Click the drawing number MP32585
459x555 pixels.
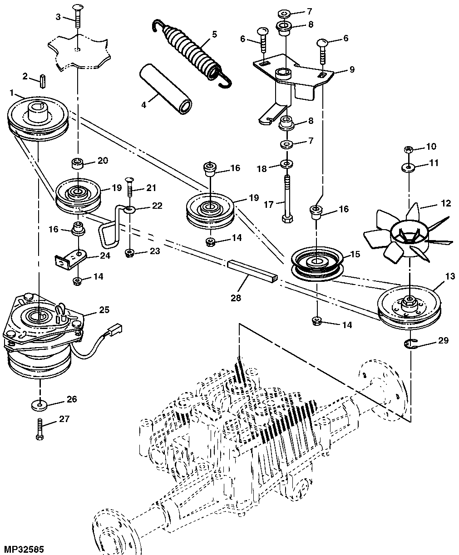pos(22,550)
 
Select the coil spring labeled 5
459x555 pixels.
pos(192,53)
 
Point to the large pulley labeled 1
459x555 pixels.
pos(38,120)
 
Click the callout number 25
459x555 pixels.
pos(104,310)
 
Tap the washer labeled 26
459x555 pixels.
pos(39,406)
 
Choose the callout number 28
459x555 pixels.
pos(236,298)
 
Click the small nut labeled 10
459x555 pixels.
pos(408,150)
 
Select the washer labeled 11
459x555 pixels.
pos(409,168)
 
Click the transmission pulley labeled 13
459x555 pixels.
pos(409,308)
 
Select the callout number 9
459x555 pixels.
pos(351,69)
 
